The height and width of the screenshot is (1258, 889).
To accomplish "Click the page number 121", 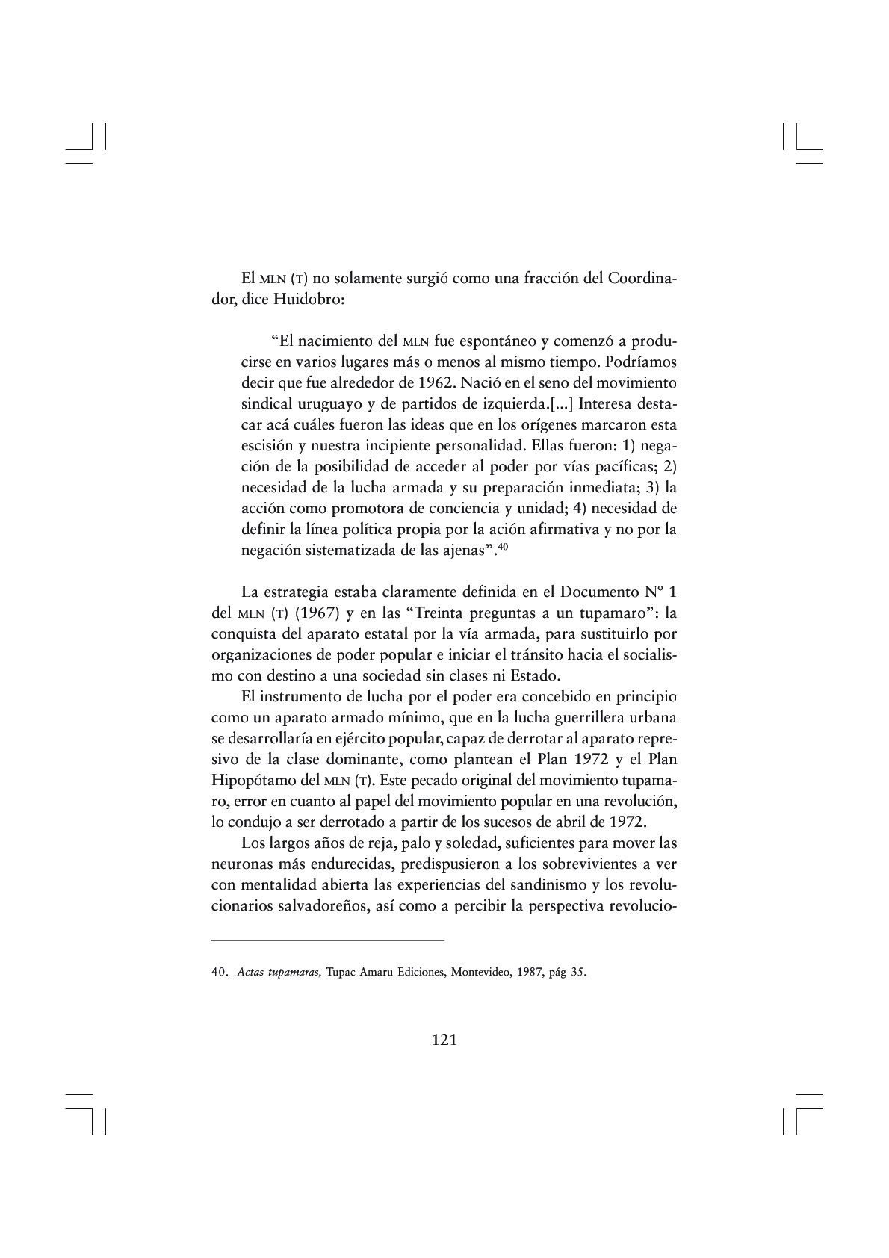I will point(444,1039).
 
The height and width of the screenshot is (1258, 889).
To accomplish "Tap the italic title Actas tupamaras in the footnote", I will point(279,973).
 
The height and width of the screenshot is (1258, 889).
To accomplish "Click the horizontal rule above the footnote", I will point(328,940).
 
